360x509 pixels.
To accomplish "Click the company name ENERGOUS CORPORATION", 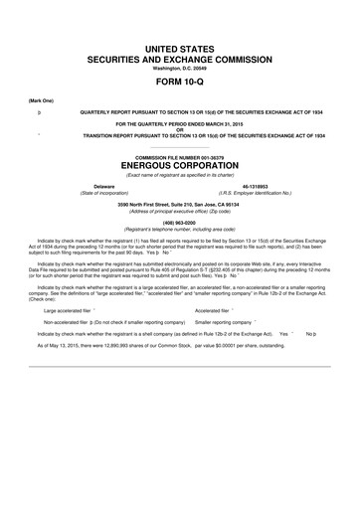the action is tap(180, 165).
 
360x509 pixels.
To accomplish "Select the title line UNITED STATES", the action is tap(180, 48).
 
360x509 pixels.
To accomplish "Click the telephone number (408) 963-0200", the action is tap(180, 224).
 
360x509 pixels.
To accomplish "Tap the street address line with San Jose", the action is tap(180, 205).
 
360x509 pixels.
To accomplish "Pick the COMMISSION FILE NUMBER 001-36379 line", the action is tap(180, 156).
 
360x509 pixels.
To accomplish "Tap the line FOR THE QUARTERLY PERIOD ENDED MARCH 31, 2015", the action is tap(180, 122).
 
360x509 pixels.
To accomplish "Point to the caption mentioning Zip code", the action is tap(180, 211).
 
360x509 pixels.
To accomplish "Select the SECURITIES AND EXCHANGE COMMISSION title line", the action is tap(180, 59).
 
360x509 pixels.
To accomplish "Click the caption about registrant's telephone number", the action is tap(180, 230).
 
